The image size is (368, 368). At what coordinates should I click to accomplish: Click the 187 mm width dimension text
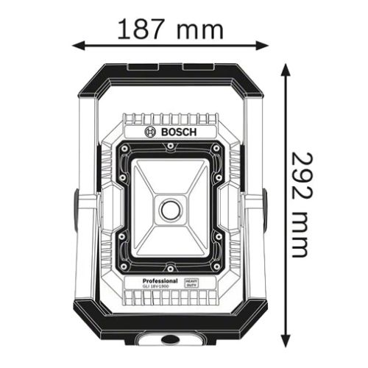coord(170,29)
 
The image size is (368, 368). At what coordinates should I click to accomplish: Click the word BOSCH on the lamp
coord(176,131)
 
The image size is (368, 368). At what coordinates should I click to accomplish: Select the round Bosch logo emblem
coord(152,131)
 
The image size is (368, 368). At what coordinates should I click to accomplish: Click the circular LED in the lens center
coord(170,209)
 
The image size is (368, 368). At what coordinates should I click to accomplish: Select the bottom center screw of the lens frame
coord(170,266)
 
